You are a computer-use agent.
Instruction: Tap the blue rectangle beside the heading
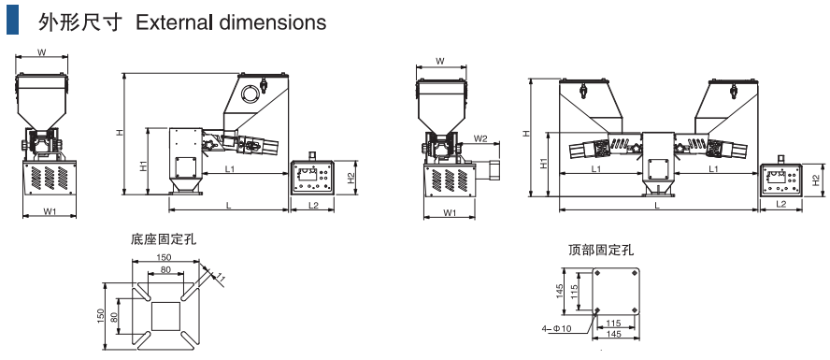tap(13, 20)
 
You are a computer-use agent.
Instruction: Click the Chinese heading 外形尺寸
tap(80, 22)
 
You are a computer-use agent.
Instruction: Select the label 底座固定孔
tap(163, 239)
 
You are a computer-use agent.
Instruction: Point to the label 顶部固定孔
tap(601, 250)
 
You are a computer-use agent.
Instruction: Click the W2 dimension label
tap(480, 138)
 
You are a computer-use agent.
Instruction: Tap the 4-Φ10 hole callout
tap(556, 329)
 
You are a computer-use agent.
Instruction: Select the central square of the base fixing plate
tap(166, 315)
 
